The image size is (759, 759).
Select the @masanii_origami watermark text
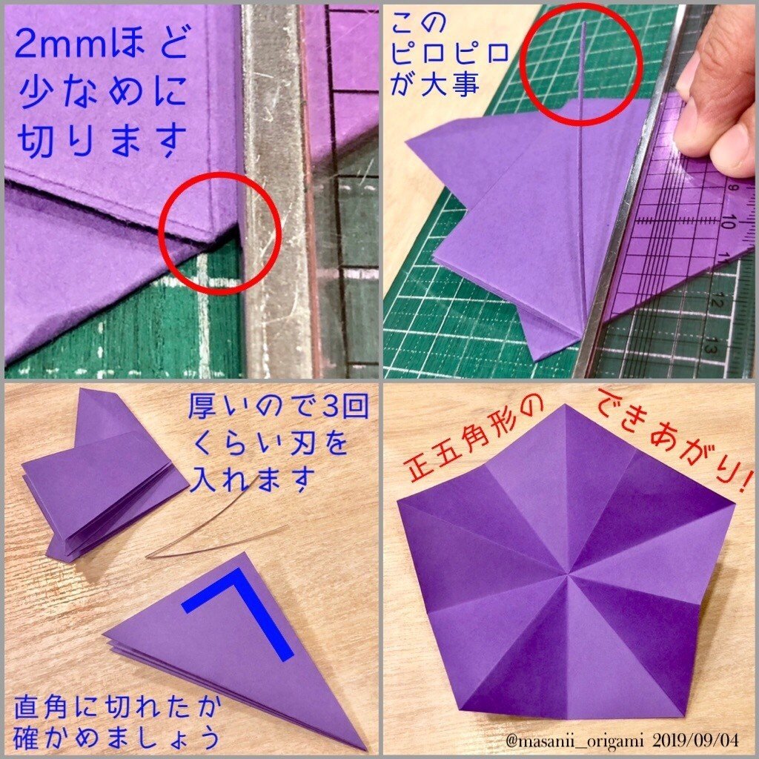pyautogui.click(x=574, y=740)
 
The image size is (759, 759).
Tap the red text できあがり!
pyautogui.click(x=675, y=437)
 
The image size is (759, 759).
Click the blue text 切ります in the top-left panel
pyautogui.click(x=102, y=141)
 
